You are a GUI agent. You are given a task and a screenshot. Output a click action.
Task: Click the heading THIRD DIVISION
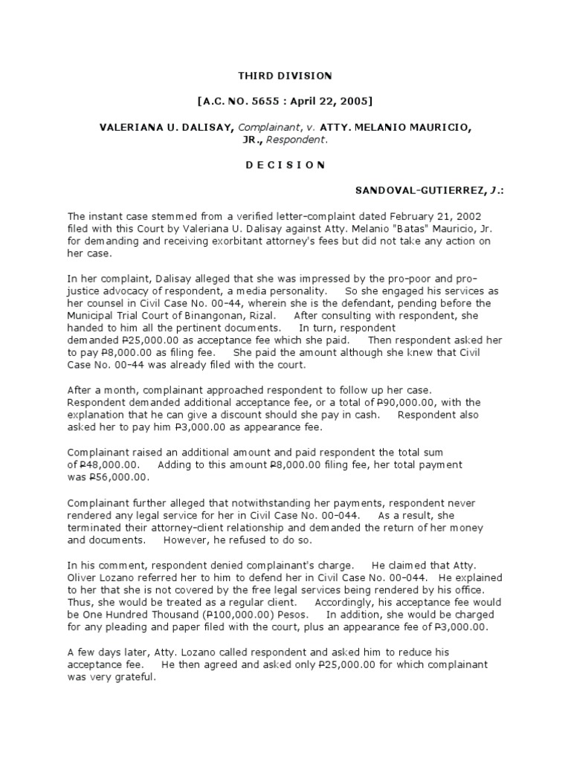[x=285, y=76]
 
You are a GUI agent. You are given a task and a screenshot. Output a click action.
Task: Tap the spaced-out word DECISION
[x=285, y=165]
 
